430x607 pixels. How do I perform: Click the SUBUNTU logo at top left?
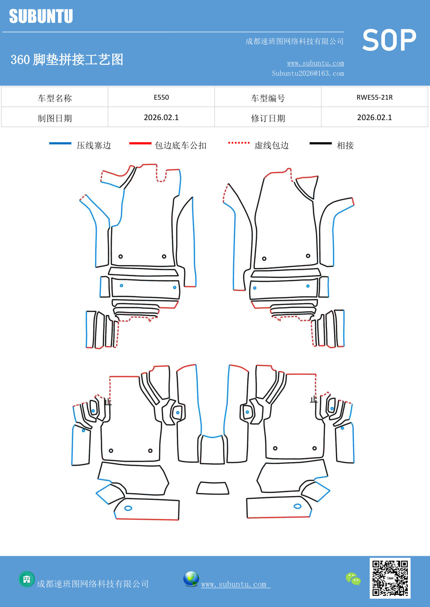click(41, 16)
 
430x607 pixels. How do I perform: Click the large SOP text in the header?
click(389, 40)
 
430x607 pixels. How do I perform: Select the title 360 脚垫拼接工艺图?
click(67, 60)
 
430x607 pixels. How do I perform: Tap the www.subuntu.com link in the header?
click(315, 63)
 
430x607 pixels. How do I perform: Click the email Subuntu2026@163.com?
click(308, 73)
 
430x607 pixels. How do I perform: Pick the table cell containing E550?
click(161, 97)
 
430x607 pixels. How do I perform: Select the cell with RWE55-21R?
click(374, 97)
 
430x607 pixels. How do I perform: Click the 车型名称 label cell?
click(55, 98)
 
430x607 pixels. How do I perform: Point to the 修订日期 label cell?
click(268, 118)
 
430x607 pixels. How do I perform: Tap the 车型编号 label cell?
click(268, 98)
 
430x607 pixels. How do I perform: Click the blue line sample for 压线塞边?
click(60, 143)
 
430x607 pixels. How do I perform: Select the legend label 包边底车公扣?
click(181, 145)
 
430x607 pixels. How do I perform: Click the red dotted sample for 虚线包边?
click(239, 143)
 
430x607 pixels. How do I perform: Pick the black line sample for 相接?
click(321, 143)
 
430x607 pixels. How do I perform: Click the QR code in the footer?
click(390, 578)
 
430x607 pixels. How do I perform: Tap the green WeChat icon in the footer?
click(353, 579)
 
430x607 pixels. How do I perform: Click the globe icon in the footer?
click(191, 579)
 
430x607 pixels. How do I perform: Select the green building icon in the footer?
click(27, 579)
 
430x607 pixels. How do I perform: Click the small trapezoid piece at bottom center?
click(213, 488)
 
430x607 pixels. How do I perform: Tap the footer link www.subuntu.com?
click(234, 584)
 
